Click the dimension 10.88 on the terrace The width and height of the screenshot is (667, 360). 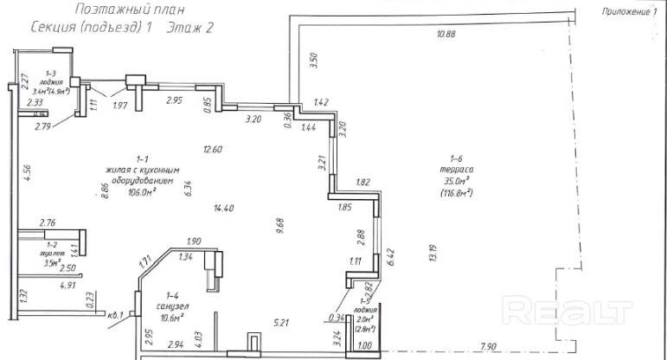tap(446, 34)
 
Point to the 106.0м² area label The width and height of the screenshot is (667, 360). tap(136, 193)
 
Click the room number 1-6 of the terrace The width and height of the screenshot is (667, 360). tap(458, 157)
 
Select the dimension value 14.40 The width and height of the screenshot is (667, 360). tap(224, 208)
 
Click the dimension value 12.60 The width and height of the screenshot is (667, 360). tap(213, 149)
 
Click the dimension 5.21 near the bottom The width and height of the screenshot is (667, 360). tap(281, 323)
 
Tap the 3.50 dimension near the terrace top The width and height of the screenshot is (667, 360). tap(314, 59)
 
